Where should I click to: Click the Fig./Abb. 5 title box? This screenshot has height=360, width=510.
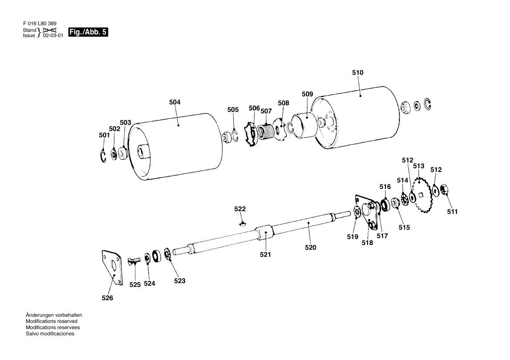click(88, 32)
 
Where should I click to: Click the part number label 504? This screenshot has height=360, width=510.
click(175, 102)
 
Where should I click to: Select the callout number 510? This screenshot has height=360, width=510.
click(358, 73)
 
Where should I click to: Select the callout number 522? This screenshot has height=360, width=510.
click(240, 209)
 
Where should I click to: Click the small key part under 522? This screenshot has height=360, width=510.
click(243, 224)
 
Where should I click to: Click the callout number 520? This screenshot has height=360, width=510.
click(311, 247)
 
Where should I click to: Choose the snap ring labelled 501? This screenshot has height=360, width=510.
click(103, 156)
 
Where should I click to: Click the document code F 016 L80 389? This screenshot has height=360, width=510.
click(39, 23)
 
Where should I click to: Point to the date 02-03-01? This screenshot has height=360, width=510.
click(53, 36)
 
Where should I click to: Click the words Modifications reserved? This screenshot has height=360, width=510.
click(52, 321)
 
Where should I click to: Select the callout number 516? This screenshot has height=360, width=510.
click(385, 187)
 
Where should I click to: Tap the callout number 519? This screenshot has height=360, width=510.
click(352, 237)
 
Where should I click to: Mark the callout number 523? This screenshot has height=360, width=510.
click(179, 281)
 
